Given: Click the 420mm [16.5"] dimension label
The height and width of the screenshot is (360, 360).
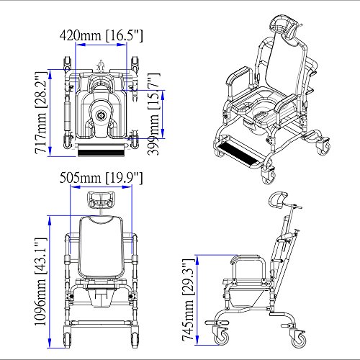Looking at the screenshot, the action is point(101,35).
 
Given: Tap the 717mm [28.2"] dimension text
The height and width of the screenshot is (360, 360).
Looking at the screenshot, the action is point(40,113).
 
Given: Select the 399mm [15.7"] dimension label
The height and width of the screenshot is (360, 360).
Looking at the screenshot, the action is point(153,114).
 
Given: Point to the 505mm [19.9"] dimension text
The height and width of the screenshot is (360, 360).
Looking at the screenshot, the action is point(101,178).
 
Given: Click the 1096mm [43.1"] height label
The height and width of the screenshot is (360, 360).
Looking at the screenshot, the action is point(40,282).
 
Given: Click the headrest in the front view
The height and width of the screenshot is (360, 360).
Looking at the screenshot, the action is point(102,199).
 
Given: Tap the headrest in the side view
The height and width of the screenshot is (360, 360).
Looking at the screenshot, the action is point(279,199).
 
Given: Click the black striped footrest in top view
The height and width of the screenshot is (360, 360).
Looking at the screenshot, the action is point(102,150).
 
